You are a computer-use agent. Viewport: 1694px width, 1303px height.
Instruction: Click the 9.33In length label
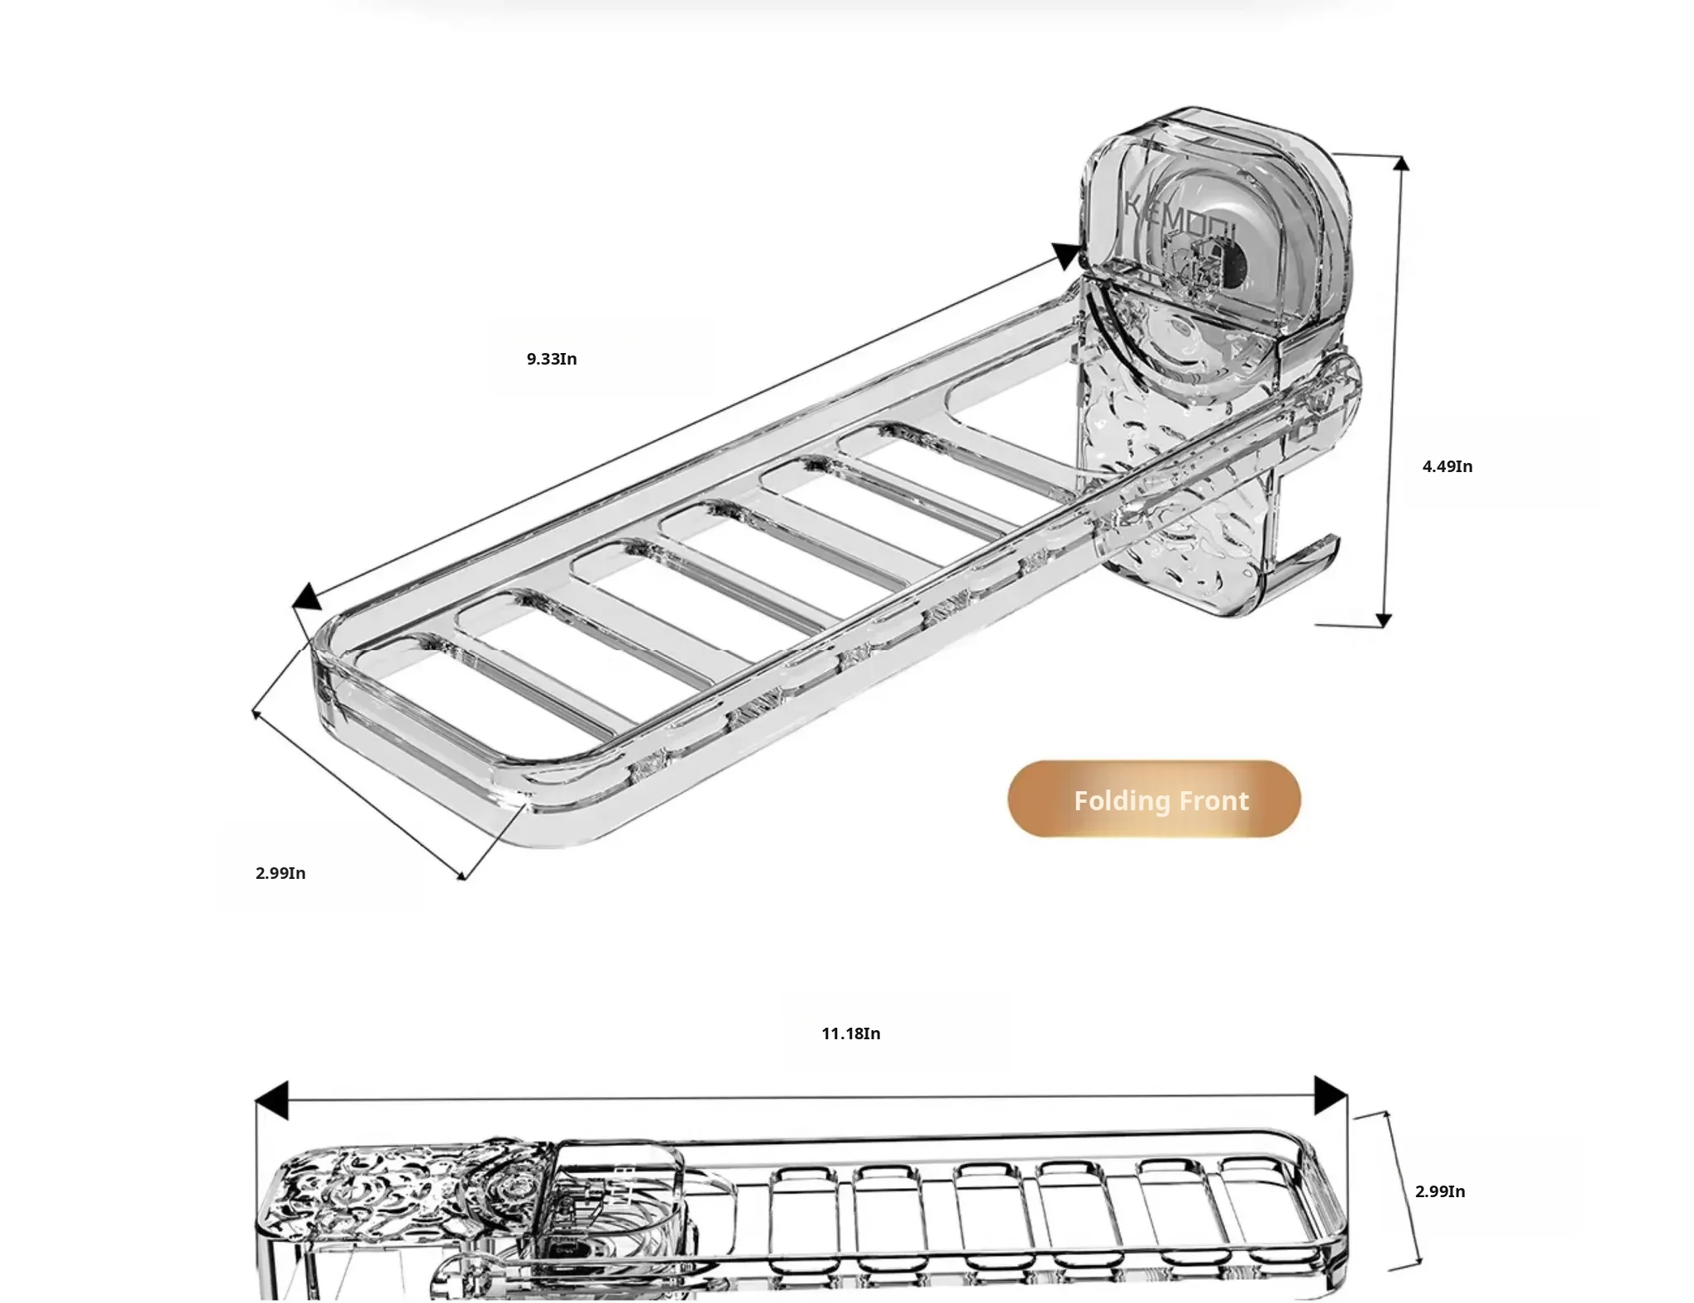(x=552, y=359)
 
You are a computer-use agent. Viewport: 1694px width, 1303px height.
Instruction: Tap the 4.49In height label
(x=1447, y=466)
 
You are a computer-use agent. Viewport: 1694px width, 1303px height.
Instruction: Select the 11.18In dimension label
(x=850, y=1033)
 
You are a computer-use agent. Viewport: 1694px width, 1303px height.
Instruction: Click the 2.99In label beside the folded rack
(x=1439, y=1191)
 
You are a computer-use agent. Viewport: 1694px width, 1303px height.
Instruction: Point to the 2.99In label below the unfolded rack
(x=280, y=873)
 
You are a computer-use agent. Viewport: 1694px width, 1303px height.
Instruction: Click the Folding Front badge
(x=1154, y=799)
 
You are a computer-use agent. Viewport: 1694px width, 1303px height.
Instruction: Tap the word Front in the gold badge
(x=1213, y=800)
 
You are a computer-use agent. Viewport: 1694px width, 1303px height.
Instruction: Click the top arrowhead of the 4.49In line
(x=1400, y=163)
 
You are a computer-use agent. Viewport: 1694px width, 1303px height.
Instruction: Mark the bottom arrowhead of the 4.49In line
(x=1384, y=620)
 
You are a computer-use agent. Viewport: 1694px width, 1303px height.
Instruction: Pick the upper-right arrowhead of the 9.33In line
(x=1066, y=255)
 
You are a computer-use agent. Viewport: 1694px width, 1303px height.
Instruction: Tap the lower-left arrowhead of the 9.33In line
(x=306, y=596)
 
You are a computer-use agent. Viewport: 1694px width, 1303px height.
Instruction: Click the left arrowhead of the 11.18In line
(x=271, y=1100)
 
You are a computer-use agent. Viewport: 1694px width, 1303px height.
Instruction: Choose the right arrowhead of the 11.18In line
(x=1330, y=1095)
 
